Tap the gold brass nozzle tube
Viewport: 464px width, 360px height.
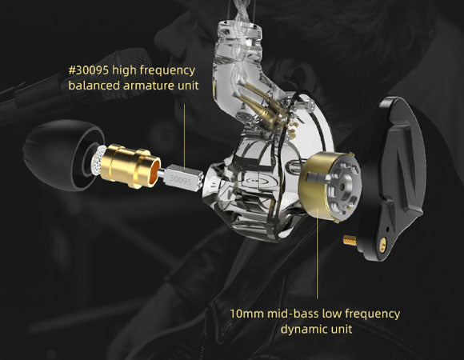click(130, 166)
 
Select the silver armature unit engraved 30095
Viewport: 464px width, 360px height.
click(183, 178)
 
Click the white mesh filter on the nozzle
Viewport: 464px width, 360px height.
click(97, 162)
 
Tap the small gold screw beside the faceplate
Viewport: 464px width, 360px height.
click(350, 240)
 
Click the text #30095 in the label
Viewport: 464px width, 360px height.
click(88, 70)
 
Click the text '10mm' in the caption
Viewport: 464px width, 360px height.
click(246, 314)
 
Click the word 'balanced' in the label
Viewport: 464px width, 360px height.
click(94, 86)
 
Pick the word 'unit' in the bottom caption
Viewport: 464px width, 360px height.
click(344, 330)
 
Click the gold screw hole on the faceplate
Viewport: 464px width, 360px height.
click(383, 243)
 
